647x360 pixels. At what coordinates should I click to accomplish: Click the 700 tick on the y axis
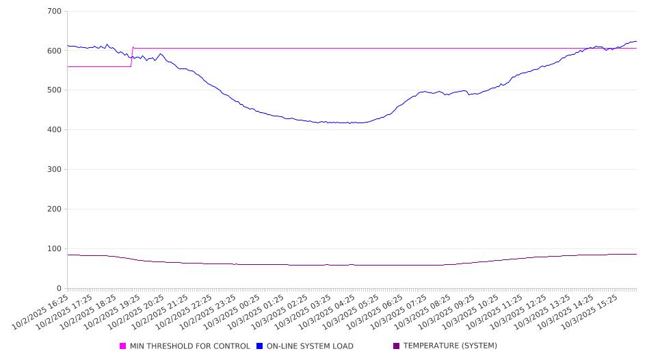tap(55, 12)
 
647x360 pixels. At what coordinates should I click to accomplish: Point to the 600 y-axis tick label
tap(55, 51)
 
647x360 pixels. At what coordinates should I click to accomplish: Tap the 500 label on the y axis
tap(55, 90)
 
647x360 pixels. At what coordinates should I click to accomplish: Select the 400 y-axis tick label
tap(55, 130)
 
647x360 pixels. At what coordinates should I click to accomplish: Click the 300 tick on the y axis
tap(55, 170)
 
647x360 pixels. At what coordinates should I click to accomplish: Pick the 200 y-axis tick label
tap(55, 209)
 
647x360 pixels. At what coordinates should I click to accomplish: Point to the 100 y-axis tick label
tap(55, 249)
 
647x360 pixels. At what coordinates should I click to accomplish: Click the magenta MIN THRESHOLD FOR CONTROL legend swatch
tap(123, 346)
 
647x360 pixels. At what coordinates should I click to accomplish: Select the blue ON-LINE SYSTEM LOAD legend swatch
tap(260, 346)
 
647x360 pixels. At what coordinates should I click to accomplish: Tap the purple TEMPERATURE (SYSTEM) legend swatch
tap(396, 346)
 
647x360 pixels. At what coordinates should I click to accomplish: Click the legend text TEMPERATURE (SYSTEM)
tap(450, 346)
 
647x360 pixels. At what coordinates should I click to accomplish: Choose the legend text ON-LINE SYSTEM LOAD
tap(310, 346)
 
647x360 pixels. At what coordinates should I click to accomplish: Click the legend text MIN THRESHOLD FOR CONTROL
tap(190, 346)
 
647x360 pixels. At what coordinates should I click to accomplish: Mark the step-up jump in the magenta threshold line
tap(132, 57)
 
